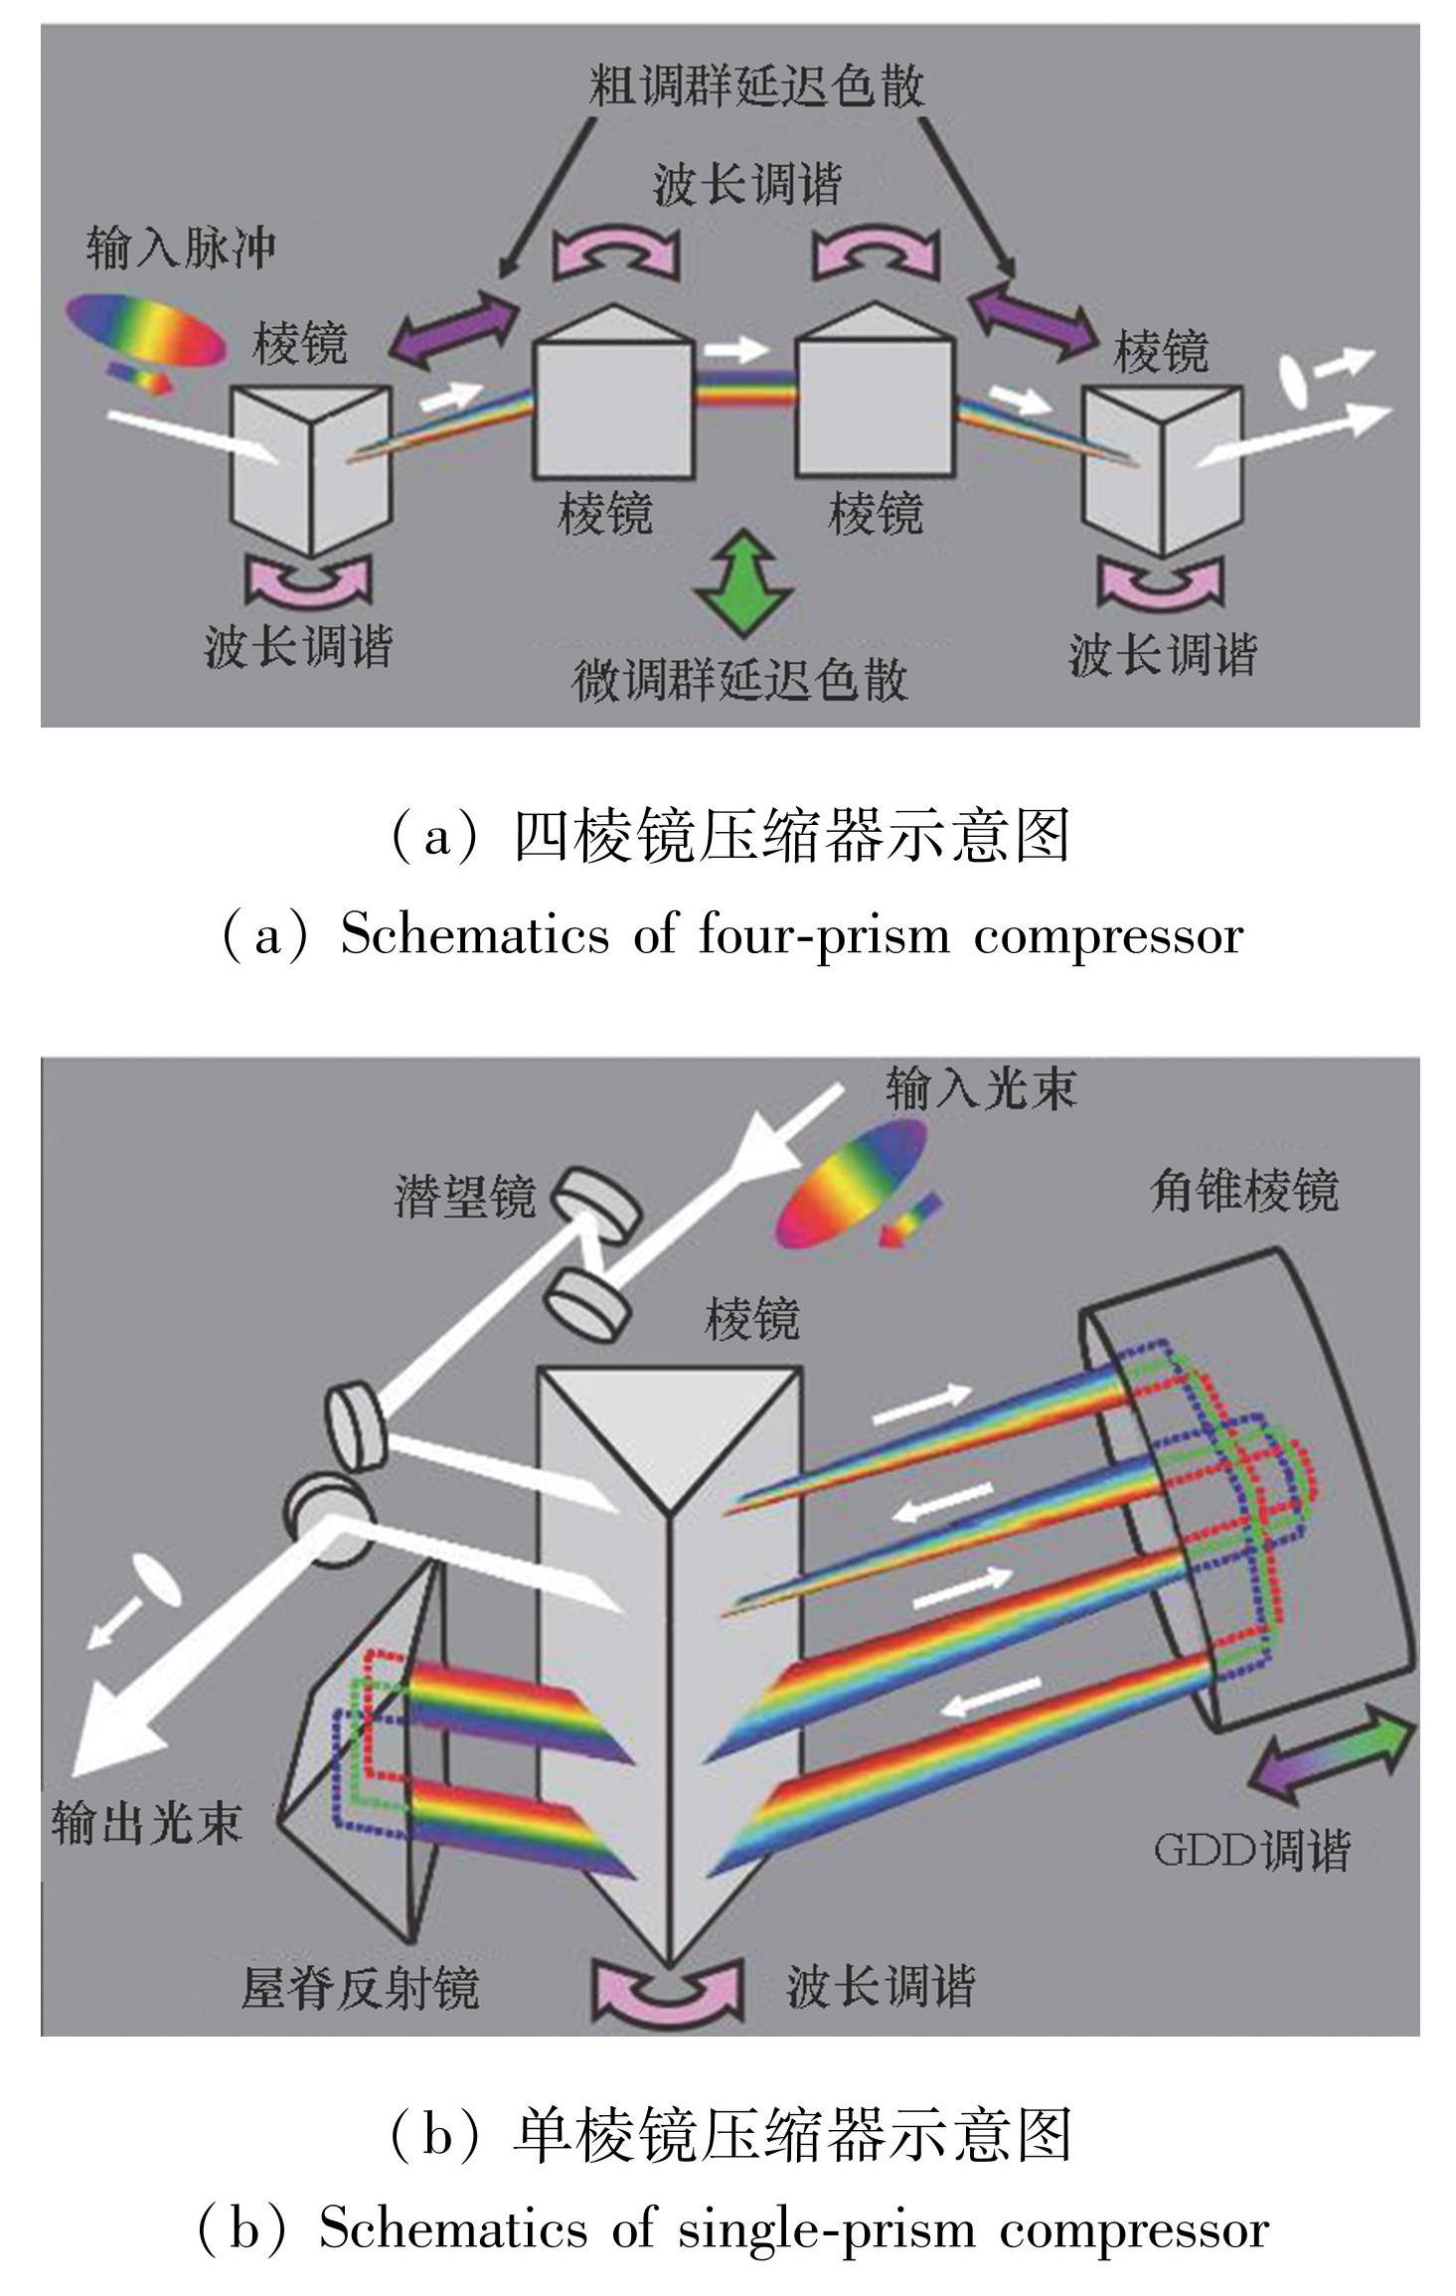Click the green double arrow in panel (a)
(743, 583)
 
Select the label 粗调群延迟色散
(756, 85)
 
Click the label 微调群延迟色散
(740, 680)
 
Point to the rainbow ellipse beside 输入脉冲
(146, 330)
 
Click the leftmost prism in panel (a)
(310, 467)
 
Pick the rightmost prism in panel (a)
(1161, 467)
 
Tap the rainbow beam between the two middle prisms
(744, 390)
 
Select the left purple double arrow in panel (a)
(454, 327)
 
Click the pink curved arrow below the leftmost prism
(308, 582)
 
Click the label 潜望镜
(465, 1196)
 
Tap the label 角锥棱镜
(1243, 1189)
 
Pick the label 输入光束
(981, 1087)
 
